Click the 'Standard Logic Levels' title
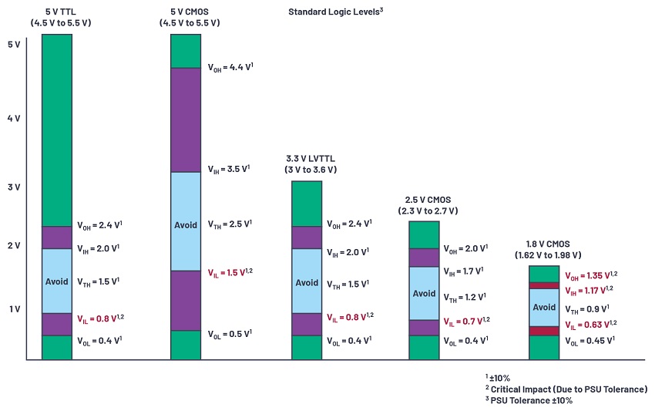coord(336,12)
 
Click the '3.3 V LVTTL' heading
coord(306,163)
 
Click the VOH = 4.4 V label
coord(230,68)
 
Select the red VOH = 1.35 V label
coord(591,275)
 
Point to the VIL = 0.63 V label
coord(591,325)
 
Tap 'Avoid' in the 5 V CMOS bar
coord(185,224)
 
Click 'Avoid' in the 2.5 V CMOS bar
coord(424,293)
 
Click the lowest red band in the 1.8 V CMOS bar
coord(543,331)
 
